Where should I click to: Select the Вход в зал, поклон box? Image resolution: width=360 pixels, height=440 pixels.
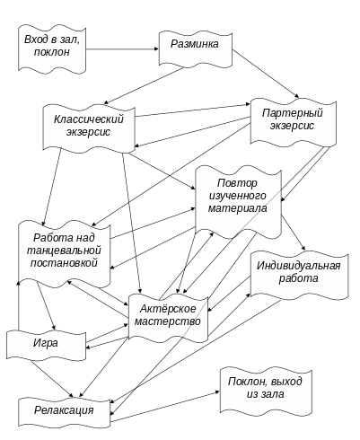pos(52,48)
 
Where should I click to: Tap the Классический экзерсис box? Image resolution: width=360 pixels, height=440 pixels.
pos(89,128)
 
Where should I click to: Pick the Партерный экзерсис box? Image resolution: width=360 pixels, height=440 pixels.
pos(294,122)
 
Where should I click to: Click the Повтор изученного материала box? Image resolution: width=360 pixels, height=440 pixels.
pos(238,203)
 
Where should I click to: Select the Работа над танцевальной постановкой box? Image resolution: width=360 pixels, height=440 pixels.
pos(65,253)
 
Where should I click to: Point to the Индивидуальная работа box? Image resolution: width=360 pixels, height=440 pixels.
pos(299,275)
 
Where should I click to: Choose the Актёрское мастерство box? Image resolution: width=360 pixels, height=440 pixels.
pos(168,318)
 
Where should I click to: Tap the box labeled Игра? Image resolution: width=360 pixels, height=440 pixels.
pos(46,344)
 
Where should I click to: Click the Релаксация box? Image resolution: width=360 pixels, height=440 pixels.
pos(65,412)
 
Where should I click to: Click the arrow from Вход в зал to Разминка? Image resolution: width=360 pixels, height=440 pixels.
pos(122,48)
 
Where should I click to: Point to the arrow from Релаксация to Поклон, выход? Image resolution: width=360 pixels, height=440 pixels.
pos(165,407)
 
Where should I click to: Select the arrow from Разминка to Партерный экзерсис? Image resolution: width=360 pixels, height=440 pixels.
pos(266,74)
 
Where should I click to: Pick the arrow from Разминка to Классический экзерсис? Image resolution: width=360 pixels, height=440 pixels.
pos(144,85)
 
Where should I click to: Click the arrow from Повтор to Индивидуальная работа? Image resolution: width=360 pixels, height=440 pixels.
pos(294,233)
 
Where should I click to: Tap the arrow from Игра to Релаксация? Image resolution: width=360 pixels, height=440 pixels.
pos(52,379)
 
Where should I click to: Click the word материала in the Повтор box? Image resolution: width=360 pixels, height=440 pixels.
pos(238,208)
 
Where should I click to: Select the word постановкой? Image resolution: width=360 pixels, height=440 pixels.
pos(64,263)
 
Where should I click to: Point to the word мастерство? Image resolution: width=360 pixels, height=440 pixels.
pos(168,321)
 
